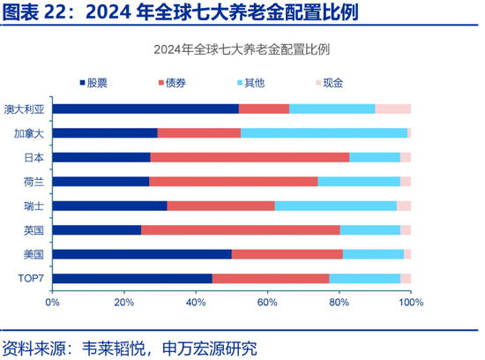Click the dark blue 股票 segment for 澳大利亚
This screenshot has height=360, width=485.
(145, 109)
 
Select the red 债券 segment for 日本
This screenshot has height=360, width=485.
(250, 157)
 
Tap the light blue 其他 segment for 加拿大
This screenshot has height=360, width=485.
(324, 133)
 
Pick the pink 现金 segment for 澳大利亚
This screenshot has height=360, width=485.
(392, 109)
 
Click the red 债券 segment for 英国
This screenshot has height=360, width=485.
(240, 229)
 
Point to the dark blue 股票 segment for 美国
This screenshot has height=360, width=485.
(142, 254)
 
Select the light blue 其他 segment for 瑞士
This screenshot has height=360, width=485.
(335, 206)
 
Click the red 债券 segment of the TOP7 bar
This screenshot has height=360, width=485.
(271, 278)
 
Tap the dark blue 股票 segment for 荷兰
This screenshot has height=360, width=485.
(101, 181)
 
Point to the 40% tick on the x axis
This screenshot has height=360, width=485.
(196, 303)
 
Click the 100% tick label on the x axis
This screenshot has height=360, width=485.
(410, 303)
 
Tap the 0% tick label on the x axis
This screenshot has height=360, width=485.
(52, 303)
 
